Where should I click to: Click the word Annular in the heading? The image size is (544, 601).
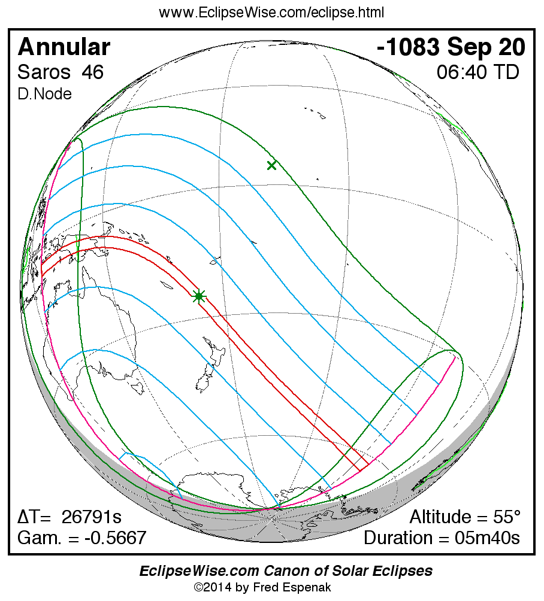pos(64,47)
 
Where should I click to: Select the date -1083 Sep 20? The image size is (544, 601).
pos(451,47)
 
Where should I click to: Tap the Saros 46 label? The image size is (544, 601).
pos(61,72)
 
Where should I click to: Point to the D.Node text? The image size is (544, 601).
pos(45,94)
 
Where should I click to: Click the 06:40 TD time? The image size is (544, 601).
pos(477,72)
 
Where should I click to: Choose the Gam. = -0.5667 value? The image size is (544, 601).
pos(82,538)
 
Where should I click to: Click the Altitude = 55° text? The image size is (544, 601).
pos(465,517)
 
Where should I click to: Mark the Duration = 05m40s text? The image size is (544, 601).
pos(442,538)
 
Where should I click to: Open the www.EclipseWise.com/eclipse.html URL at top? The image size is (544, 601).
pos(271,12)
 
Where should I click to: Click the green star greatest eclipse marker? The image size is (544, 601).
pos(199,296)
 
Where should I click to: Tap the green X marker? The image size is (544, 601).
pos(271,165)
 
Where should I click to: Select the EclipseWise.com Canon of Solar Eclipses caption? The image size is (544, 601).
pos(286,571)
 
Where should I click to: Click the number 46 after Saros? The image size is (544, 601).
pos(93,72)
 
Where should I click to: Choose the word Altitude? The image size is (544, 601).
pos(441,517)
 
